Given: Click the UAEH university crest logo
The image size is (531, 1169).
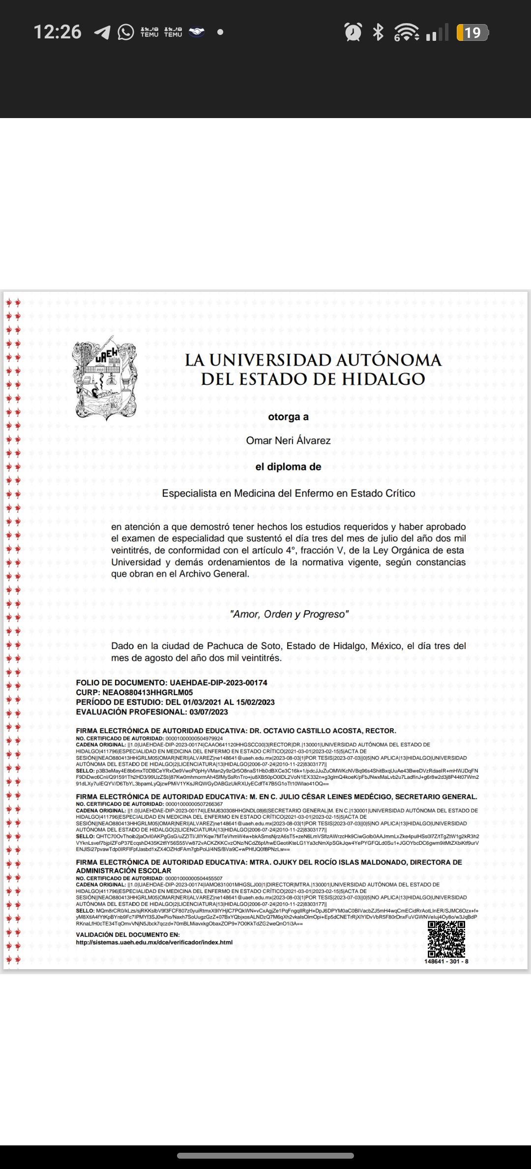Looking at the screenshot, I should (104, 378).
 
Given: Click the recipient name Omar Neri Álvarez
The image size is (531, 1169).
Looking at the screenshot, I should (288, 440).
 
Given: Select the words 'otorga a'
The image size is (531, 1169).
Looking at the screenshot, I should (288, 417).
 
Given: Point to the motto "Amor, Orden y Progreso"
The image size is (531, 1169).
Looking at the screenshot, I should (289, 614).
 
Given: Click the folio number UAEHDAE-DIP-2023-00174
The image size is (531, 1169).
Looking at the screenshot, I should (218, 682).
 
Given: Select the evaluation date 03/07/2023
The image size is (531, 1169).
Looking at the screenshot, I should (208, 711).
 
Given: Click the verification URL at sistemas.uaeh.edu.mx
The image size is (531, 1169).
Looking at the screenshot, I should (154, 942).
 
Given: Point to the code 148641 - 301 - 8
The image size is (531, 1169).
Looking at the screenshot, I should (446, 961).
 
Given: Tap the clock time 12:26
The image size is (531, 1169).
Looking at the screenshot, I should (57, 32).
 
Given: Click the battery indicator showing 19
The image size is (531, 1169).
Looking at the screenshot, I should (472, 32).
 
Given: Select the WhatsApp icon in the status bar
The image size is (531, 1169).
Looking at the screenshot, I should (126, 32).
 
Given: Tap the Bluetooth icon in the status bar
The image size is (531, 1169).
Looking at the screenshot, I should (378, 32).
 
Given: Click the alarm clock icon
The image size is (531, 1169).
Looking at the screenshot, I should (353, 32).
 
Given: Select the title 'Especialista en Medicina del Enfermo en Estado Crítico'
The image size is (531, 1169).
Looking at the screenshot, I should (289, 493).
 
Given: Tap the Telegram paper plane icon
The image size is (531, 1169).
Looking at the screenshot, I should (102, 32).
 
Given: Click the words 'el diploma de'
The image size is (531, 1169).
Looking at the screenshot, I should (288, 466).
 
